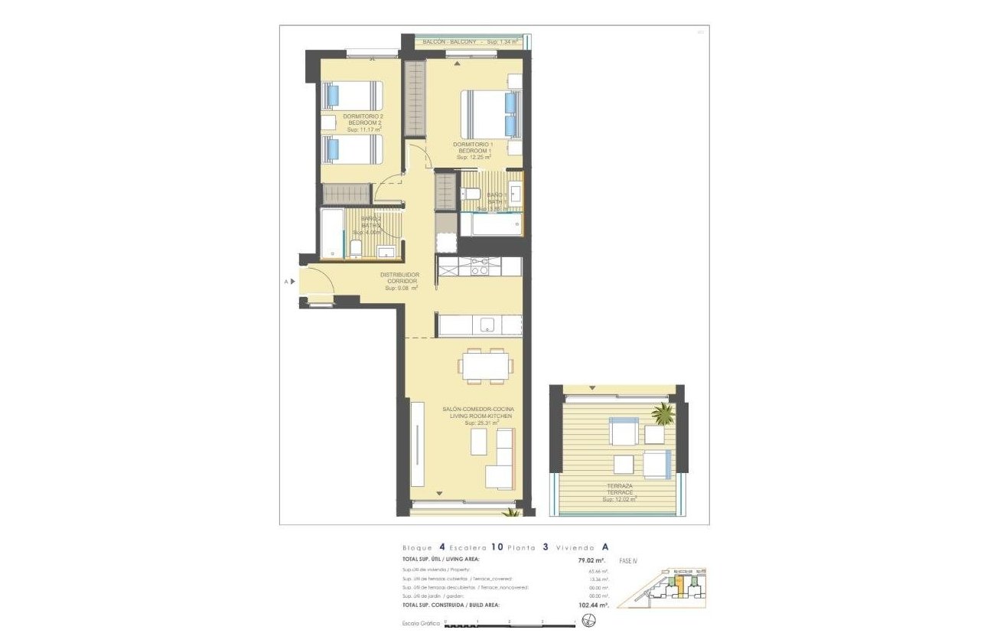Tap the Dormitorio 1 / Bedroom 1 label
(473, 150)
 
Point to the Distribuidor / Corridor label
(400, 281)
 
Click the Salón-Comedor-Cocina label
(478, 414)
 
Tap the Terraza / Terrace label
(620, 491)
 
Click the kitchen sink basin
(488, 325)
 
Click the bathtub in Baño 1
(491, 224)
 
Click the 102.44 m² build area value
(593, 605)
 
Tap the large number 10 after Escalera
(497, 547)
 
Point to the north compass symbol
(589, 619)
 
